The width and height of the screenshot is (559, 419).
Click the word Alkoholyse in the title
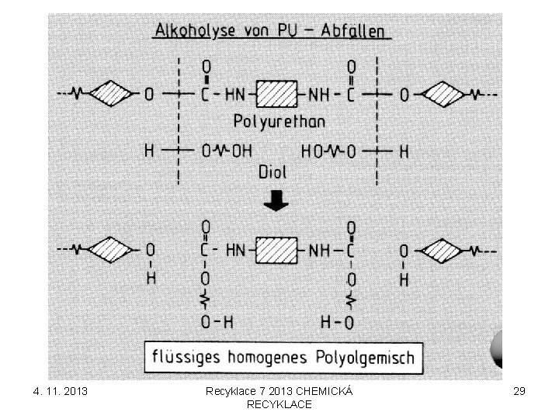click(x=195, y=30)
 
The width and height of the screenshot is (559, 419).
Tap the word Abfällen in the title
click(x=352, y=30)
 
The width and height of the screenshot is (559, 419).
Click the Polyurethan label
click(x=279, y=122)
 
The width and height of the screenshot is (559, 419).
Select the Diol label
click(x=273, y=172)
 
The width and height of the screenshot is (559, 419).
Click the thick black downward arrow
click(x=276, y=201)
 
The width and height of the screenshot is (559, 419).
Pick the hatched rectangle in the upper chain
click(x=276, y=94)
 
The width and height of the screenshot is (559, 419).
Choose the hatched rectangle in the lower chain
click(x=276, y=250)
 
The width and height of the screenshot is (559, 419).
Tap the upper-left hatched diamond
click(x=110, y=94)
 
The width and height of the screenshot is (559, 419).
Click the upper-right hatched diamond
click(x=443, y=95)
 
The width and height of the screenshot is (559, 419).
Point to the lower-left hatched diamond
click(x=110, y=250)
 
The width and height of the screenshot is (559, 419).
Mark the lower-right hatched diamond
click(x=441, y=251)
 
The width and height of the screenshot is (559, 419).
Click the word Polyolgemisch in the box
click(x=365, y=358)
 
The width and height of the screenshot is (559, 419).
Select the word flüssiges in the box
click(x=186, y=357)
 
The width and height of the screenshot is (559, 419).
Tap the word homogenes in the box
click(x=267, y=358)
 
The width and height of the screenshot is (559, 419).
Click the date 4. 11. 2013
click(x=61, y=391)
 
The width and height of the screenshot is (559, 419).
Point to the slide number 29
click(x=519, y=391)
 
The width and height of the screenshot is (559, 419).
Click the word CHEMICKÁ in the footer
click(x=325, y=391)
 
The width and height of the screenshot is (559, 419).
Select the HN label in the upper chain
click(x=235, y=95)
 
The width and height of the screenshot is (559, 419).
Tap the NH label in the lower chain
click(x=319, y=251)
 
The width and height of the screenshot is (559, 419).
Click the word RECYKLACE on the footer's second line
click(x=279, y=404)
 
